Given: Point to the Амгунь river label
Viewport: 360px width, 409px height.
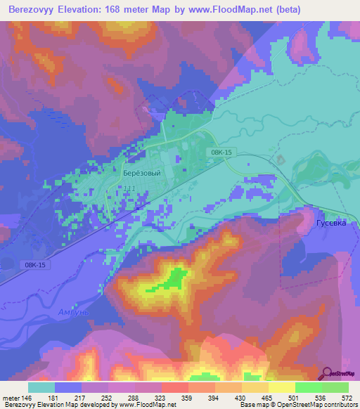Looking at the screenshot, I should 73,311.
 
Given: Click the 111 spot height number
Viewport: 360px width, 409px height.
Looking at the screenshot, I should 129,188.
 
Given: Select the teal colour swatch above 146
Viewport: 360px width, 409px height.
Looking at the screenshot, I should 41,387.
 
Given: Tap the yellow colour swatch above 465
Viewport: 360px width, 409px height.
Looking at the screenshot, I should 255,387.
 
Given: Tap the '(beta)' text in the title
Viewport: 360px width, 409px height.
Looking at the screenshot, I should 289,10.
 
